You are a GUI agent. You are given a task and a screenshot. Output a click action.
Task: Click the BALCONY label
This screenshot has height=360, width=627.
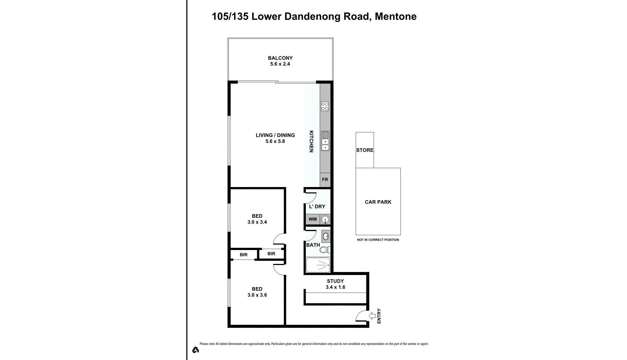tap(280, 58)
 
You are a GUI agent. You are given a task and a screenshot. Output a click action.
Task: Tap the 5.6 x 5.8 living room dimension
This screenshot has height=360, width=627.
tap(275, 141)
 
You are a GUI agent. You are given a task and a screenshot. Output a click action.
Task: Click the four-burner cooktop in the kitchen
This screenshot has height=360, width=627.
tap(325, 106)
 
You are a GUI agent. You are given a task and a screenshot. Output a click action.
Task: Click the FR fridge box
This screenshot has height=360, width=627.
tap(325, 180)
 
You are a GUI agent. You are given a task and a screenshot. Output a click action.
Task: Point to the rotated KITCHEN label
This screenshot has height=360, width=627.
tap(311, 141)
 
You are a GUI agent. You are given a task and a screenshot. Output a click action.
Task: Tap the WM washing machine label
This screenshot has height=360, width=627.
tap(313, 219)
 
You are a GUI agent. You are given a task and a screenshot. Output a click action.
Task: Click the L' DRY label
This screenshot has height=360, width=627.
tap(317, 207)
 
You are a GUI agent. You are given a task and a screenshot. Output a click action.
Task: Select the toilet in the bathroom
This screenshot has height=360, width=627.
tap(324, 249)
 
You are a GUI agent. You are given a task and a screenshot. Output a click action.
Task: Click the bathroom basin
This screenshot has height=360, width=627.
tap(326, 237)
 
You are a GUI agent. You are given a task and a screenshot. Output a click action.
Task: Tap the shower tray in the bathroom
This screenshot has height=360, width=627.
tap(318, 265)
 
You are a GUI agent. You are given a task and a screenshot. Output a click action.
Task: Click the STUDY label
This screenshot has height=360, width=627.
tap(335, 281)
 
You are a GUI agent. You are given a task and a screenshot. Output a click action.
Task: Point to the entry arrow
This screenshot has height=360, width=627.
tap(372, 316)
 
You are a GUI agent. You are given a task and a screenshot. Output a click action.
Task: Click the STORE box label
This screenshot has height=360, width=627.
tap(365, 150)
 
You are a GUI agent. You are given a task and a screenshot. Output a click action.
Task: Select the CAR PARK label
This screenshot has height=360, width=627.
tap(378, 202)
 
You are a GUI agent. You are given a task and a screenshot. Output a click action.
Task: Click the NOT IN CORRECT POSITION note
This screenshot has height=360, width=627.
tap(378, 240)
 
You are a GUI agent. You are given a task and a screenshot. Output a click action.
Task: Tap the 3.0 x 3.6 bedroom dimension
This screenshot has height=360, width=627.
tap(257, 295)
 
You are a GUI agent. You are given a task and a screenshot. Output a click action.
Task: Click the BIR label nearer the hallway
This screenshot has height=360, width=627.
tap(271, 254)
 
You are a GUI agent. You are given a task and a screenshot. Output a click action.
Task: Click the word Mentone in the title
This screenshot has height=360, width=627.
tap(395, 16)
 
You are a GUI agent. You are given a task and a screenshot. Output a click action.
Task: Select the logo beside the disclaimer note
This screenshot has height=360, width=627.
tap(195, 350)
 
